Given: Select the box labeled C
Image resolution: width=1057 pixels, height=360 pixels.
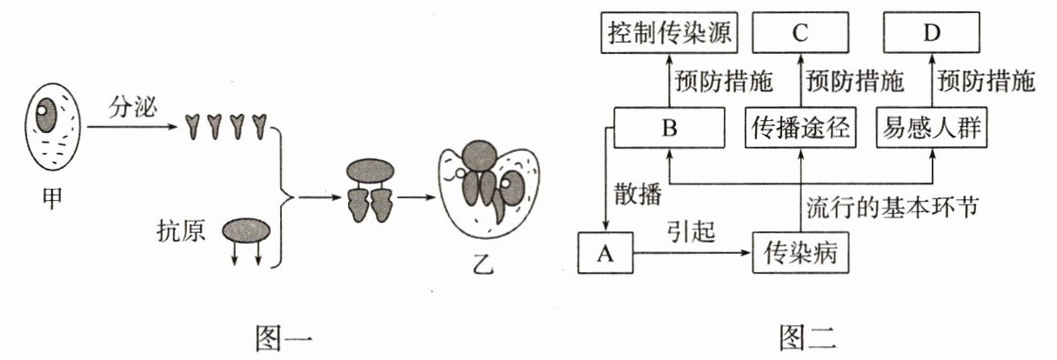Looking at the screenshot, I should [x=800, y=34].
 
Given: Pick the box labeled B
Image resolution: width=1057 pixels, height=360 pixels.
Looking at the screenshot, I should [x=669, y=130].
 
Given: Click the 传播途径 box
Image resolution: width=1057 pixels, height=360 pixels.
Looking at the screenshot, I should [x=801, y=130].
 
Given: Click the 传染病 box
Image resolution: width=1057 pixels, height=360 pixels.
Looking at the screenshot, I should [x=800, y=254].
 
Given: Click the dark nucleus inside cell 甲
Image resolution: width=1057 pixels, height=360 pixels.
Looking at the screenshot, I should [x=46, y=113].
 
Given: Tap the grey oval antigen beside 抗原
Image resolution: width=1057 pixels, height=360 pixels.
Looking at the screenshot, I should [x=247, y=230].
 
